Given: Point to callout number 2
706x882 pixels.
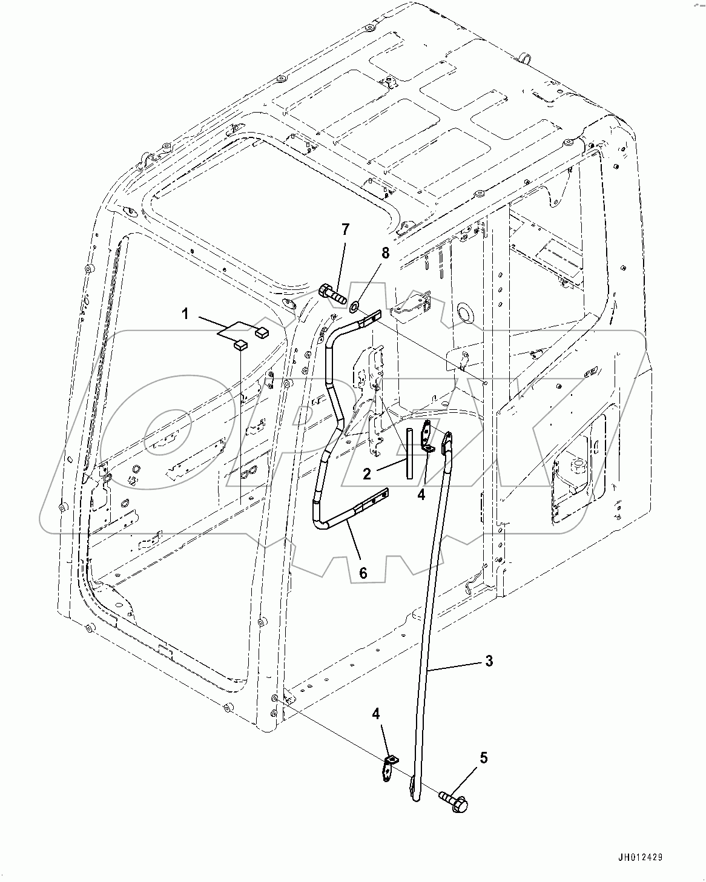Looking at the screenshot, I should coord(367,473).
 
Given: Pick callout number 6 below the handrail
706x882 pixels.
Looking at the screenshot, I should coord(363,572).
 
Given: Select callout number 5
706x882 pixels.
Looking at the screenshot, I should coord(483,757).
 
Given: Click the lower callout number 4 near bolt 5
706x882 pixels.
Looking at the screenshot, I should coord(376,714).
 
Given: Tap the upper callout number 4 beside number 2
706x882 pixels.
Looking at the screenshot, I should coord(421,494).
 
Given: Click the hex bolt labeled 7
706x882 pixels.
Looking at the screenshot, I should coord(331,294).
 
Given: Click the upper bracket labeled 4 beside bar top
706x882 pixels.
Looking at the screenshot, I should coord(427,435).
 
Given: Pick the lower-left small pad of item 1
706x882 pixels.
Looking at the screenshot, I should coord(240,346).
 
